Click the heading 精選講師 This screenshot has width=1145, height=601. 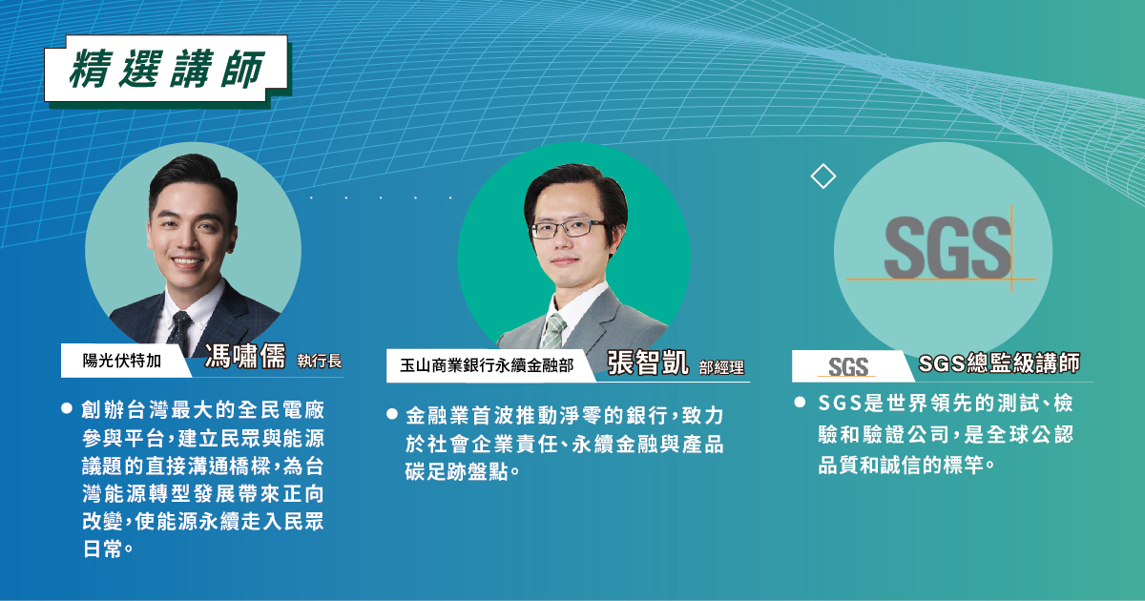(x=167, y=69)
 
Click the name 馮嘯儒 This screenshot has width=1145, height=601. (x=245, y=356)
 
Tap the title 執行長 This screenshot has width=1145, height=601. (x=320, y=361)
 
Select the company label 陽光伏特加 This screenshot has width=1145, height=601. (x=122, y=361)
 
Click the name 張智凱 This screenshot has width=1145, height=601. (x=648, y=363)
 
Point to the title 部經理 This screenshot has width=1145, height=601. (x=721, y=367)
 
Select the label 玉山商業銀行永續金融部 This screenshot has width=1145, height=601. (x=487, y=365)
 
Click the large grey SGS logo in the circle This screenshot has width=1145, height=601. (x=947, y=248)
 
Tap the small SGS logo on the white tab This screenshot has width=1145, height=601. (x=848, y=366)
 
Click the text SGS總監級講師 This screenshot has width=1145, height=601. (x=999, y=363)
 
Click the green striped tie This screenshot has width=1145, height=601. (x=553, y=331)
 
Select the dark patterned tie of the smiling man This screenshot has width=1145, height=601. (x=179, y=333)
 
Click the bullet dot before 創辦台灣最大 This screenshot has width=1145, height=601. (x=67, y=408)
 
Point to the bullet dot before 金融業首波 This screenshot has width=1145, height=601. (x=392, y=414)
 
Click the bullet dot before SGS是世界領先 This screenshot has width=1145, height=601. (x=800, y=403)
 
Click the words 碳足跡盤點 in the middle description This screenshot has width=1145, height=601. (x=457, y=471)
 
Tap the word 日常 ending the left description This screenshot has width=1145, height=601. (x=103, y=549)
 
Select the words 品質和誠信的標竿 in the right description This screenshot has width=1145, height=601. (x=901, y=466)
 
